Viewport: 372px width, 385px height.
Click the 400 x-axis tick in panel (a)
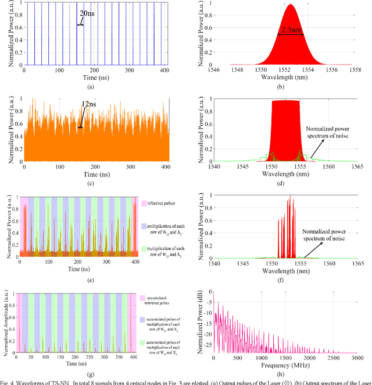point(169,69)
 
